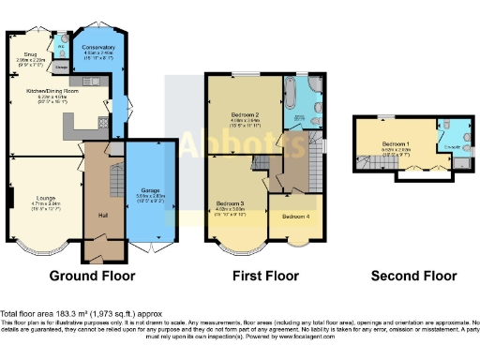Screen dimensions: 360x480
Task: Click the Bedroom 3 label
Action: click(x=230, y=203)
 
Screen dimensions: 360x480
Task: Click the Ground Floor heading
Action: click(x=92, y=277)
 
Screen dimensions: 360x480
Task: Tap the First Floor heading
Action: click(x=265, y=277)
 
